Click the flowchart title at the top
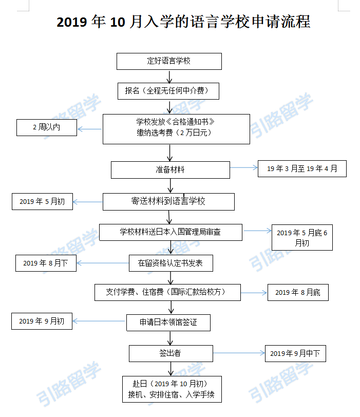point(183,22)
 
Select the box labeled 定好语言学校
point(169,62)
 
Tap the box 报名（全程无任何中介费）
point(168,91)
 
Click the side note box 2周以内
point(47,128)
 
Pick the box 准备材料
point(170,170)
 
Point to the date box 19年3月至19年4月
point(302,168)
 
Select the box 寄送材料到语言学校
point(168,202)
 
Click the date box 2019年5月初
point(42,202)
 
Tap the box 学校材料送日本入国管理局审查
point(170,233)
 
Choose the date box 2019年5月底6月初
point(302,237)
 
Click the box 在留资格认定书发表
point(171,263)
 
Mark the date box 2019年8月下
point(46,263)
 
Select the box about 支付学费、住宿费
point(167,293)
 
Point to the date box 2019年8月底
point(298,293)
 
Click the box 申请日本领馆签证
point(168,323)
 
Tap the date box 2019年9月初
point(42,321)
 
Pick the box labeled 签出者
point(171,354)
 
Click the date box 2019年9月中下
point(295,354)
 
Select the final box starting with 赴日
point(172,389)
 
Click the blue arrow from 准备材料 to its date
point(244,167)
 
